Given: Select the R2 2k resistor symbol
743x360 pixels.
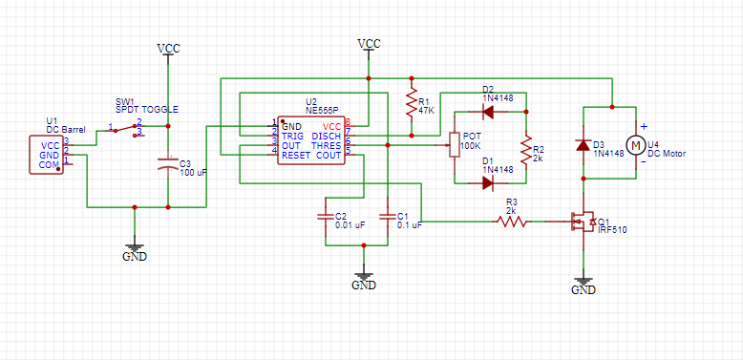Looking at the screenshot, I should [524, 148].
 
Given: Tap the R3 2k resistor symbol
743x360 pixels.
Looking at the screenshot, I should [512, 222].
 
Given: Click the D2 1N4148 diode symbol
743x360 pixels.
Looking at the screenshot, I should [488, 112].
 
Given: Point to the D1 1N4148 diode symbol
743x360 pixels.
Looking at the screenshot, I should [488, 182].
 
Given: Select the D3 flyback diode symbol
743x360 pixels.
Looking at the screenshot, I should [583, 145].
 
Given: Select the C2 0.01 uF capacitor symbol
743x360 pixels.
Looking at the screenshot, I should [327, 217].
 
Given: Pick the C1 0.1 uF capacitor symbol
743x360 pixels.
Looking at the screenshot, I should [388, 217].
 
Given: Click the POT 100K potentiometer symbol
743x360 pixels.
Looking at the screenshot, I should [455, 146].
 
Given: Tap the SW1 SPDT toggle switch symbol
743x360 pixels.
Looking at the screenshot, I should [127, 129].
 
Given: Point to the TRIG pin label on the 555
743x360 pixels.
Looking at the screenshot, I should [292, 136].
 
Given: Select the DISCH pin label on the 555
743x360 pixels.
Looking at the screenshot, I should [326, 136].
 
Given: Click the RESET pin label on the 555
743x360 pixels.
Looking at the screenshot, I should [295, 154].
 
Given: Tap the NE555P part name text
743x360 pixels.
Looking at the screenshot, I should [323, 110].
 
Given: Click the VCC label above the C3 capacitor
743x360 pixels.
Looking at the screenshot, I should [168, 48].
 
